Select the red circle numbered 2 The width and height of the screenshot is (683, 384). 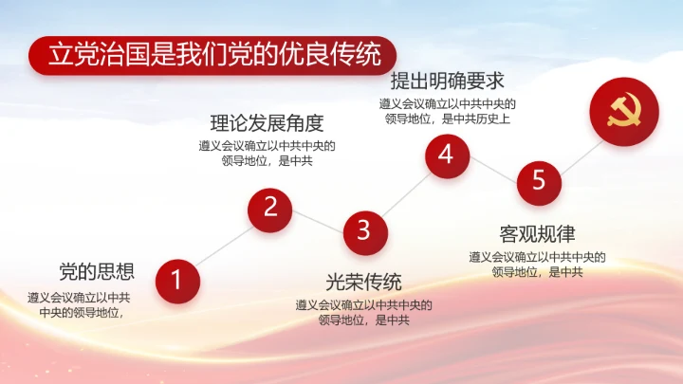tap(270, 208)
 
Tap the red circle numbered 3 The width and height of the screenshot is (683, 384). tap(363, 229)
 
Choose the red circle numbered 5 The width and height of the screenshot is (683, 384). tap(539, 180)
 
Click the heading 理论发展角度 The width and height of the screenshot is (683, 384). tap(267, 123)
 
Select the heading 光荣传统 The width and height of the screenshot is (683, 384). tap(363, 282)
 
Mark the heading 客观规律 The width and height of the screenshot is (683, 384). tap(537, 233)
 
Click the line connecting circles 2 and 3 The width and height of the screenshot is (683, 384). tap(317, 219)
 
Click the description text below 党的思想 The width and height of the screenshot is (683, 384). tap(80, 303)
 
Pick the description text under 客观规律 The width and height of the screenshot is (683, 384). tap(537, 265)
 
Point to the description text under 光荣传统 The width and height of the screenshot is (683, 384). tap(363, 312)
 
